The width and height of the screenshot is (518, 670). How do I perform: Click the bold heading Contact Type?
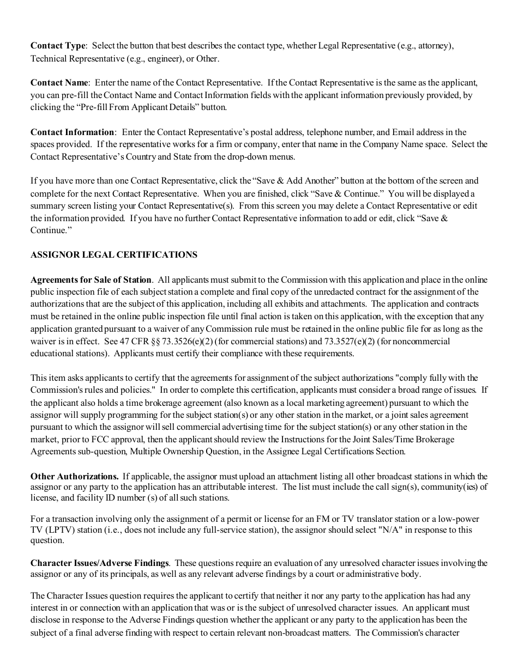coord(58,46)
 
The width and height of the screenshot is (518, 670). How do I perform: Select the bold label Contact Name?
coord(59,83)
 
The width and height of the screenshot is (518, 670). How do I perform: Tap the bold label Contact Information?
coord(73,132)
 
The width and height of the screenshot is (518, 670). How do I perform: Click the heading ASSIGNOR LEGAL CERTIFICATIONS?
coord(114,254)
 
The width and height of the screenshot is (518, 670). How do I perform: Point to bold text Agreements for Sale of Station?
coord(91,279)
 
